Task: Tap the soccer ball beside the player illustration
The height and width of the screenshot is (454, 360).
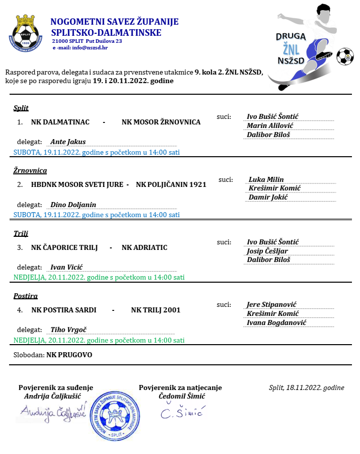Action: [345, 56]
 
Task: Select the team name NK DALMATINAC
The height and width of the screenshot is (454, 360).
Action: [60, 122]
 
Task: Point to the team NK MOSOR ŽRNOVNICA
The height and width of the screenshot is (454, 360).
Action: [161, 122]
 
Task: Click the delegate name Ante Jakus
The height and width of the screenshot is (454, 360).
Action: [68, 142]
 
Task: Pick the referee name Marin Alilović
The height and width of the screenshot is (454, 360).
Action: [270, 125]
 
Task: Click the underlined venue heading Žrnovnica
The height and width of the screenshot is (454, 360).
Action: [30, 170]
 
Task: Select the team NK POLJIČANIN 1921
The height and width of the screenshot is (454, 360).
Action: [171, 184]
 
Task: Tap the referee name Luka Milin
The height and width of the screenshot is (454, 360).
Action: [266, 179]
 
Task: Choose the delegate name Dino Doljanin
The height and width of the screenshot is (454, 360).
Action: [74, 205]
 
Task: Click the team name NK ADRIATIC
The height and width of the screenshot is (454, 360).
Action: [145, 247]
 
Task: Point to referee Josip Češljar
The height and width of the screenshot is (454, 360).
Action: [267, 251]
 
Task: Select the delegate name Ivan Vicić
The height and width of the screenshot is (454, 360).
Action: [66, 267]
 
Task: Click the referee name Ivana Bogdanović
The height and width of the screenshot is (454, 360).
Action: [276, 322]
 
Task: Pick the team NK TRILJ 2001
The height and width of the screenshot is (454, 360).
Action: [156, 310]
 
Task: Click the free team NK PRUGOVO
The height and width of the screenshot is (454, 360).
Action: [69, 355]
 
